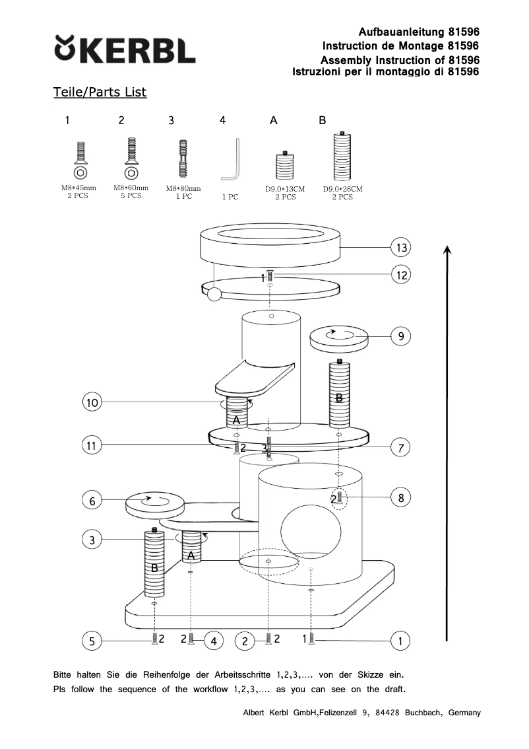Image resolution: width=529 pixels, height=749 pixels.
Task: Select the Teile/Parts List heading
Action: [100, 92]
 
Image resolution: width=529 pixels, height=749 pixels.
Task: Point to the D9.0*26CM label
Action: [342, 189]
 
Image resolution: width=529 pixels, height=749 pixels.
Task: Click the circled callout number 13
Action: [401, 248]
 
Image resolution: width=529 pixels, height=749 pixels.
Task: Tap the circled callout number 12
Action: [401, 275]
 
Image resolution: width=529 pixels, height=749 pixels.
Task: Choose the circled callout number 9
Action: [401, 336]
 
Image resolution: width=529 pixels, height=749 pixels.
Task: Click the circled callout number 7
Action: [401, 448]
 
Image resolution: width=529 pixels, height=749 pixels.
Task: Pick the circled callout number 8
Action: [401, 497]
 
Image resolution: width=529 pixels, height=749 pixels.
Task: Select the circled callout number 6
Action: [92, 501]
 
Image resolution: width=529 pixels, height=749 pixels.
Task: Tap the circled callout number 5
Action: [92, 640]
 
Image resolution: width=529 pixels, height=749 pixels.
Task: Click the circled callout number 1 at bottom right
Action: [401, 640]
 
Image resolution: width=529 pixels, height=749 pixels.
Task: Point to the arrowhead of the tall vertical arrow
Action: [447, 250]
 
